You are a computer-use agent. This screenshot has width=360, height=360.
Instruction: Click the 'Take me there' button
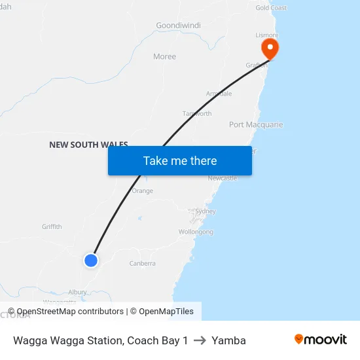pyautogui.click(x=180, y=161)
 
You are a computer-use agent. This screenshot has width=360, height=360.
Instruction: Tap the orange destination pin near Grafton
pyautogui.click(x=269, y=48)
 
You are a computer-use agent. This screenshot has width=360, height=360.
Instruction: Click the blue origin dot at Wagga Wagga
pyautogui.click(x=91, y=261)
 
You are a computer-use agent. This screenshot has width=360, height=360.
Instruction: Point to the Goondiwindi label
pyautogui.click(x=178, y=26)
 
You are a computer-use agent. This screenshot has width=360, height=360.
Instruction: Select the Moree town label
pyautogui.click(x=164, y=56)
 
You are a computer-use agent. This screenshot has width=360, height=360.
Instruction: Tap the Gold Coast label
pyautogui.click(x=271, y=8)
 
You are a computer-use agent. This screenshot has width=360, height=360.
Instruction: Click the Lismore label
pyautogui.click(x=267, y=35)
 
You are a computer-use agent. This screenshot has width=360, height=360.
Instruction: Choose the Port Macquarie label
pyautogui.click(x=256, y=124)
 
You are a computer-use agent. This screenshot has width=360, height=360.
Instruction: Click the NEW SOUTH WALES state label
pyautogui.click(x=88, y=145)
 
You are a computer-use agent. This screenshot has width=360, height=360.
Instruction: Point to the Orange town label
pyautogui.click(x=142, y=191)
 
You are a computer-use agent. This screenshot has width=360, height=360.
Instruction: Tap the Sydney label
pyautogui.click(x=206, y=211)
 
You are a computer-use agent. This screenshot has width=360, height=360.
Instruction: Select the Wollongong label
pyautogui.click(x=196, y=232)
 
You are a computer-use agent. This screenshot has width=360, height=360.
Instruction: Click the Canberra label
pyautogui.click(x=142, y=264)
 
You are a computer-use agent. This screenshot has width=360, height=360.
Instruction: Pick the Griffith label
pyautogui.click(x=52, y=227)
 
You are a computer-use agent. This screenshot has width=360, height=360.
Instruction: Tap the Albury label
pyautogui.click(x=78, y=292)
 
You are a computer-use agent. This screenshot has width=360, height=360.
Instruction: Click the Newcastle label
pyautogui.click(x=222, y=178)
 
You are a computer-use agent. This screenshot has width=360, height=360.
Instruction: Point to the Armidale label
pyautogui.click(x=219, y=94)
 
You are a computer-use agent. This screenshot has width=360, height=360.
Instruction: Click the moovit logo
pyautogui.click(x=320, y=340)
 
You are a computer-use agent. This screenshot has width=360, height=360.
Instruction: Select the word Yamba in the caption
pyautogui.click(x=228, y=340)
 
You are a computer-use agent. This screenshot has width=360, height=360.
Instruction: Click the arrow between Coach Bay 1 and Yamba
pyautogui.click(x=200, y=340)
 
